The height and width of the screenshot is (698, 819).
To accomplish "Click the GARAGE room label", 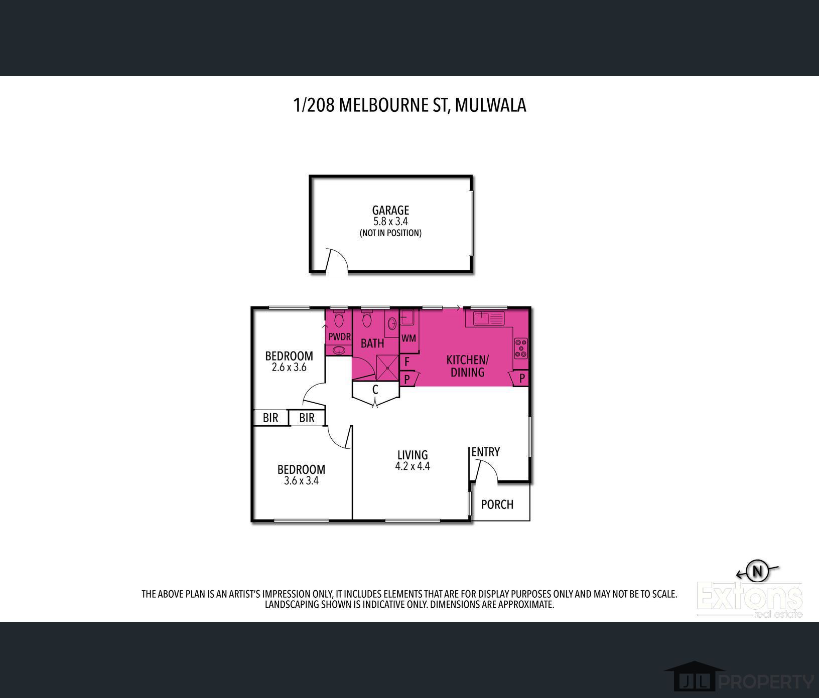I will coord(390,211).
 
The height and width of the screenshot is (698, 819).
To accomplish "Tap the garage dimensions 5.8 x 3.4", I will coord(390,221).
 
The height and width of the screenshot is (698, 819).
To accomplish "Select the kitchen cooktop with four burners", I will coord(521,348).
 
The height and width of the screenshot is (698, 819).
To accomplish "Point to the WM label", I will coord(408,338).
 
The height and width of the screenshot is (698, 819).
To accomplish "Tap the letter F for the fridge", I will coord(407,361).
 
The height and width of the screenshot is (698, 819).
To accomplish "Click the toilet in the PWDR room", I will coord(339,319).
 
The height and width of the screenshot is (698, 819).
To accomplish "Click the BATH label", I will coord(372,343).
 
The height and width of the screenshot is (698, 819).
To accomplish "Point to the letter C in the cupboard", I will coord(375,390).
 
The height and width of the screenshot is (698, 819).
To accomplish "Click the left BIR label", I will coord(270,418).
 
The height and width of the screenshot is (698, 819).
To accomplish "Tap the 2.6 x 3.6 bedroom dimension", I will coord(289,367).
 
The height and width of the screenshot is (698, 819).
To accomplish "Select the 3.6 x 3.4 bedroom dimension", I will coord(302,481).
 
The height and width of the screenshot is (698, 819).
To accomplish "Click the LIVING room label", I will coord(413,455).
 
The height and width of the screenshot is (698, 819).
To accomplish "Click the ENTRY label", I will coord(486,452).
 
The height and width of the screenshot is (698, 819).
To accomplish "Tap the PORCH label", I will coord(497,504).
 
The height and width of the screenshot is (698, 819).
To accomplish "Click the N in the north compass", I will coord(758,571).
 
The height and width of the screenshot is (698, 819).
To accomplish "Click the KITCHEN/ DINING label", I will coord(467,366).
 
